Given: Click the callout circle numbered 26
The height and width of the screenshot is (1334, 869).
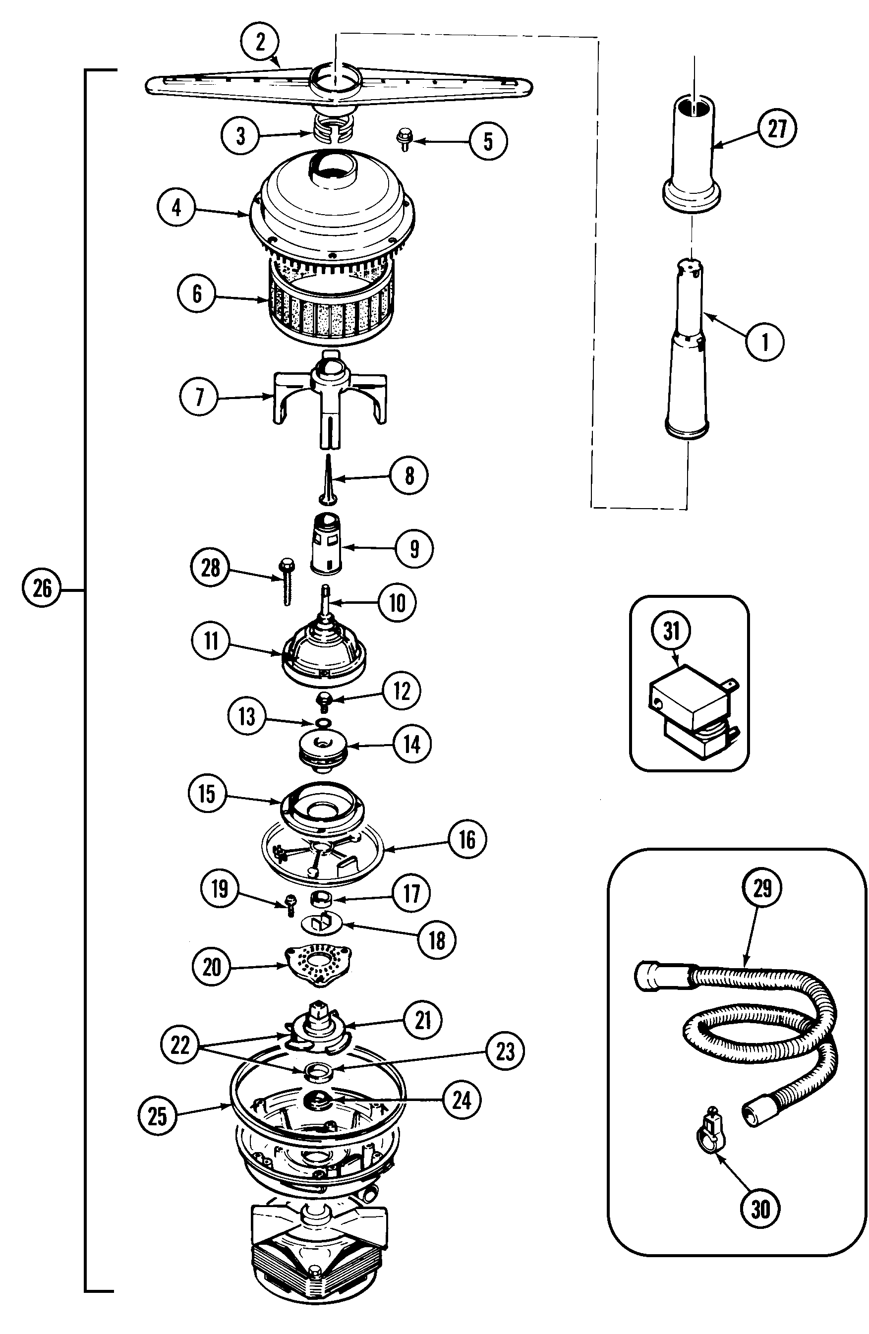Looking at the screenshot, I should tap(42, 588).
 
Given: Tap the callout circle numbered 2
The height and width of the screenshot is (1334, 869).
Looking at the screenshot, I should tap(260, 42).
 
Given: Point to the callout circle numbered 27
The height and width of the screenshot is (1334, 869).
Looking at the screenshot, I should tap(778, 129).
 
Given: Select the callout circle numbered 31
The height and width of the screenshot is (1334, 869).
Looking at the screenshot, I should tap(671, 631).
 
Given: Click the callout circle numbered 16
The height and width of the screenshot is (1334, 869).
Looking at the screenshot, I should tap(467, 840).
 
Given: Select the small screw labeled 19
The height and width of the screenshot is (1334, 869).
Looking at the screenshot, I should tap(290, 905).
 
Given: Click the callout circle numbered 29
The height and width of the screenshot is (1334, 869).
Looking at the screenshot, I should tap(762, 888).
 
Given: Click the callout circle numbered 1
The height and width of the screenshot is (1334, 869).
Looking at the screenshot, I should tap(765, 342).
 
